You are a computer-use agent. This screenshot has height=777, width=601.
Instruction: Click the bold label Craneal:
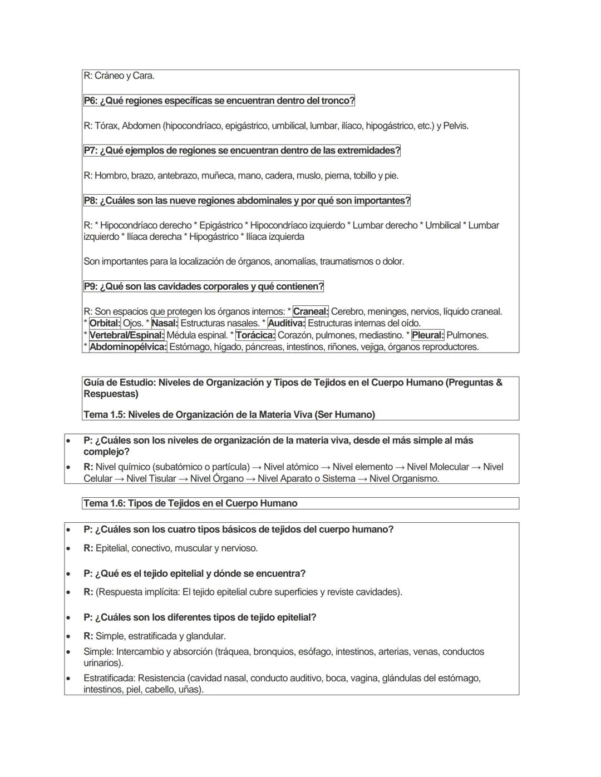311,311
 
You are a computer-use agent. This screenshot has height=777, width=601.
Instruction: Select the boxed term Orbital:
105,323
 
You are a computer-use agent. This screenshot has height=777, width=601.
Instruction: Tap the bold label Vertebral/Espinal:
126,335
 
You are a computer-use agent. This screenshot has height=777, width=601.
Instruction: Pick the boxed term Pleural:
427,335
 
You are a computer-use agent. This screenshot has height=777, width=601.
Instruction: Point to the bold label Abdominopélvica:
127,347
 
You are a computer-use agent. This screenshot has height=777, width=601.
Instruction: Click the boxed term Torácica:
255,335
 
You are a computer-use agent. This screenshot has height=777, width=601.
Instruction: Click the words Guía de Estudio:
119,383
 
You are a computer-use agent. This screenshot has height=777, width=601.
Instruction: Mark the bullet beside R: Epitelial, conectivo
68,548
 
